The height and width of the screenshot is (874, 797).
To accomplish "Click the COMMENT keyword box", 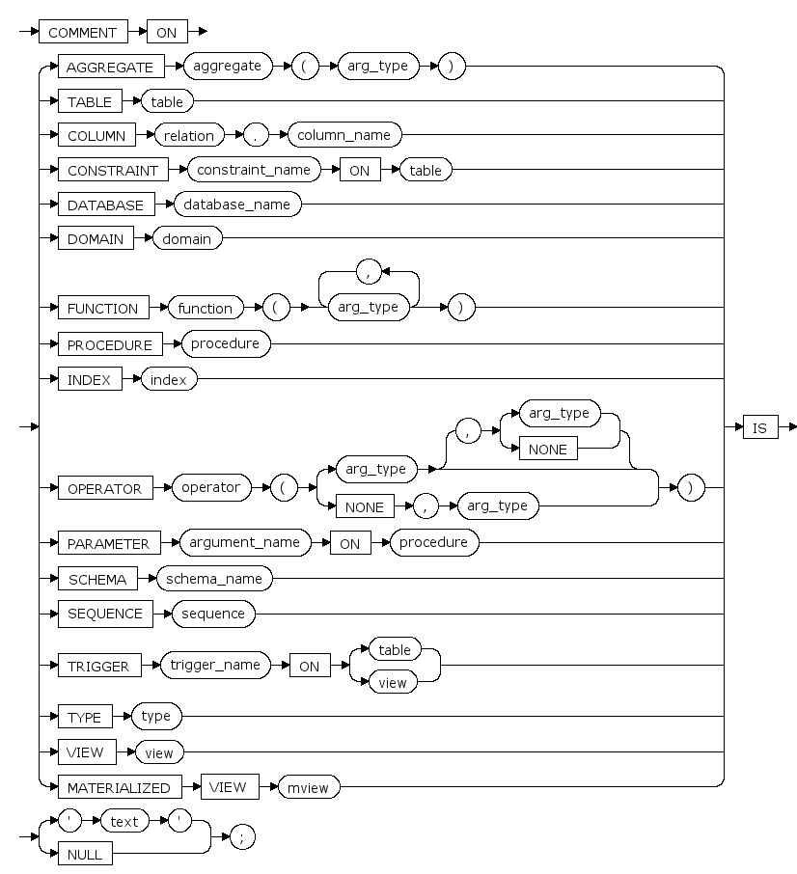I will point(82,32).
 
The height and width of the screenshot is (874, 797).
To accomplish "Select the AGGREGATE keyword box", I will point(110,67).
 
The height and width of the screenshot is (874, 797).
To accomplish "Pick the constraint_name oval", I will point(255,170).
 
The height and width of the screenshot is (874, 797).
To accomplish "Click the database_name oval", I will point(235,205).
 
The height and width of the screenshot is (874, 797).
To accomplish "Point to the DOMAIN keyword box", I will point(96,239).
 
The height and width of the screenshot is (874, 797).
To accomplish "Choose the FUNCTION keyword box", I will point(103,309).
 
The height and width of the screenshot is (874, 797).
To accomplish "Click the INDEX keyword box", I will point(90,380).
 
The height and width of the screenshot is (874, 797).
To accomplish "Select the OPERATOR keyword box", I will point(104,488).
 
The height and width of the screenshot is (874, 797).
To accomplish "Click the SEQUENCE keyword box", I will point(105,614).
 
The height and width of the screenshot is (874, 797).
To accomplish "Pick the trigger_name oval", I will point(215,665).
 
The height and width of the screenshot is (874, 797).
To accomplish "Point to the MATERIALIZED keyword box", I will point(119,787).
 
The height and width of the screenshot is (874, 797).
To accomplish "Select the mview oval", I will point(309,787).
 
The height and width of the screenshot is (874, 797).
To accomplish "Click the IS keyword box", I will point(759,427).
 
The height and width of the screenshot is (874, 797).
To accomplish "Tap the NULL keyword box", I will point(86,854).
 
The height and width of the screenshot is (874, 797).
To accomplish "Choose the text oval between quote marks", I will point(124,822).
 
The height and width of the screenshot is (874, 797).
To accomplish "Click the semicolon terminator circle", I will point(242,837).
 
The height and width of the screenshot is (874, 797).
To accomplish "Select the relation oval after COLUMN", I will point(188,135).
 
